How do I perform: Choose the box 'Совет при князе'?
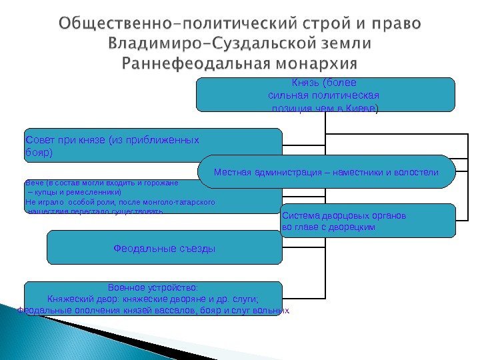pos(153,146)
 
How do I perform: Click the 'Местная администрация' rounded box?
pos(326,173)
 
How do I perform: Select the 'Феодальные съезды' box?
pos(164,249)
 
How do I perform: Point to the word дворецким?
pos(351,227)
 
